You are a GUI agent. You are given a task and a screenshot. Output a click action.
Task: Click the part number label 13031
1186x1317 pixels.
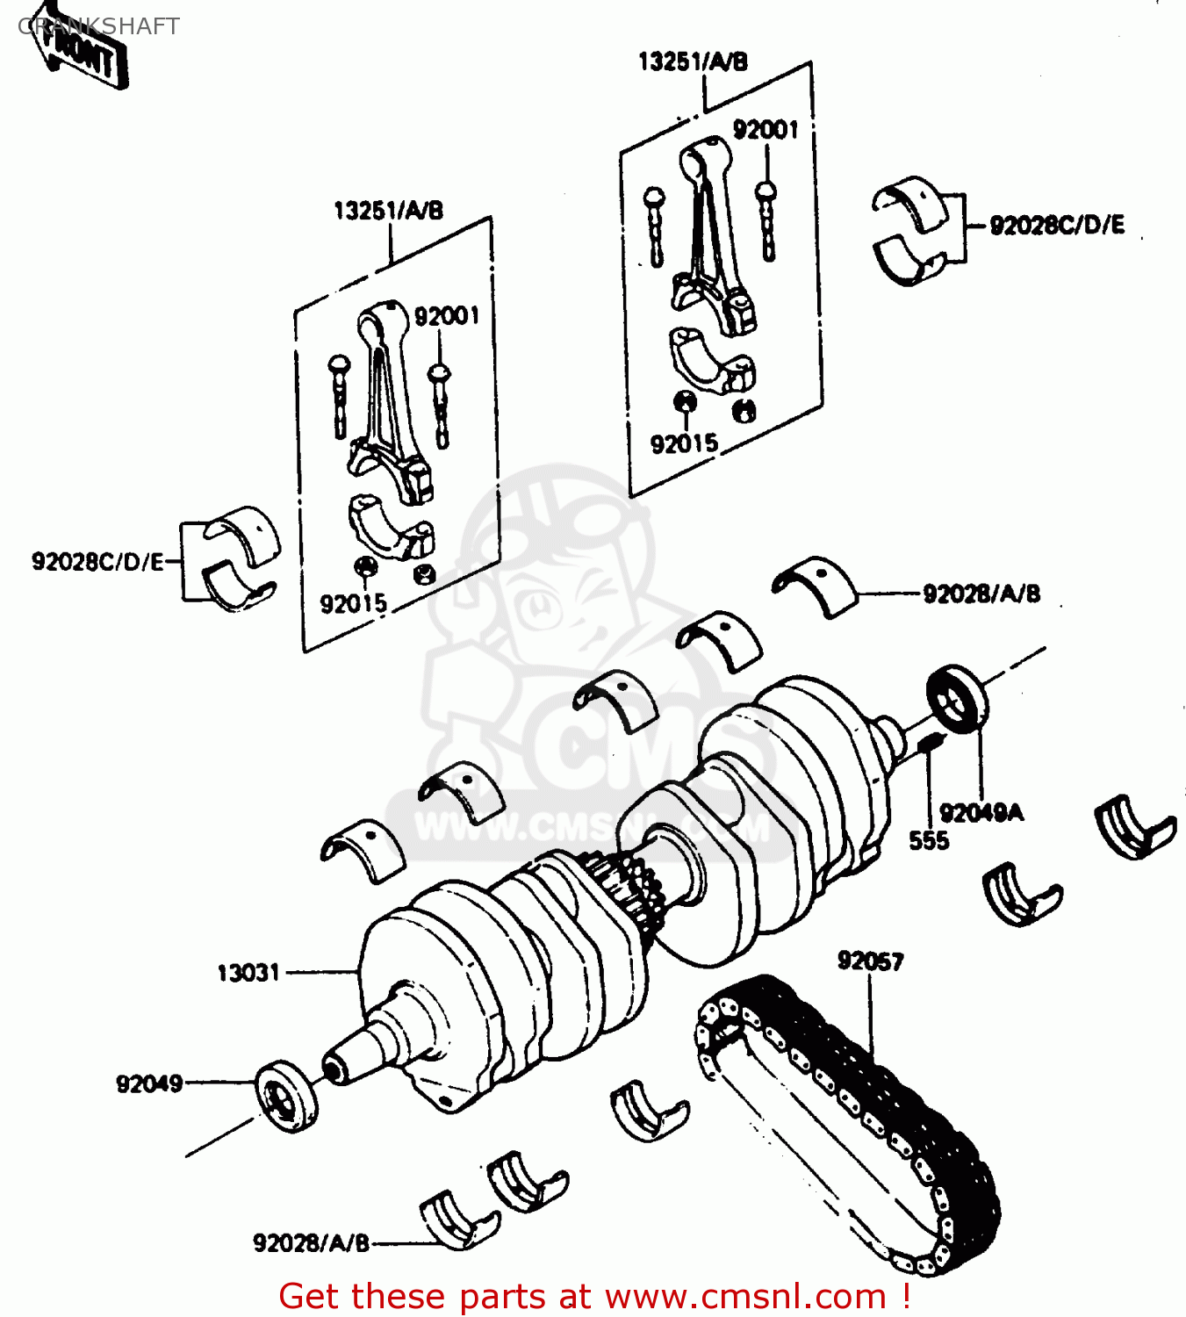pos(248,973)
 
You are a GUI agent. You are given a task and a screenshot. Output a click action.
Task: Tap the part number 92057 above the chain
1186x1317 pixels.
pos(870,961)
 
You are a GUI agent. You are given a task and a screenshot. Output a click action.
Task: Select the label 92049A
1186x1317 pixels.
pos(981,812)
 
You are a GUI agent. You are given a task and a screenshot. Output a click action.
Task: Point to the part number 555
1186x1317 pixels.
pos(928,841)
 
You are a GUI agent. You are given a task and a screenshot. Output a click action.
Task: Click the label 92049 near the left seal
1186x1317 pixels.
pos(149,1083)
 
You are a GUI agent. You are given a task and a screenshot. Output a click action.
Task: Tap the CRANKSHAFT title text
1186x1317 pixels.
pos(98,26)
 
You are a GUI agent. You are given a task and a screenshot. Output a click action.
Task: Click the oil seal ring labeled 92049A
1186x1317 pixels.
pos(957,699)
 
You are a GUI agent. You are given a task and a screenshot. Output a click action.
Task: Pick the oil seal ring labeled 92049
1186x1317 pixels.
pos(286,1096)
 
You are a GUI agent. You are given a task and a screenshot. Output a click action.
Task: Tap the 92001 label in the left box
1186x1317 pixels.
pos(447,316)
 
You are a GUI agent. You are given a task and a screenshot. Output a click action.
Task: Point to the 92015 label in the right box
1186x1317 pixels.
pos(684,444)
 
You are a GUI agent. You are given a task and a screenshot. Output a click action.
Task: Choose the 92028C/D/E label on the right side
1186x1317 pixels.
pos(1056,226)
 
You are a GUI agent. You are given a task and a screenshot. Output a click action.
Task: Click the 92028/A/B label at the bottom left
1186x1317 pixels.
pos(311,1243)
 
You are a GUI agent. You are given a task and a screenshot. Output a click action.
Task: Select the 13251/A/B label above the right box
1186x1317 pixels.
pos(693,61)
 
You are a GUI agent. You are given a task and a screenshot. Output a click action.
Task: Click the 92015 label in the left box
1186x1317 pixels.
pos(353,604)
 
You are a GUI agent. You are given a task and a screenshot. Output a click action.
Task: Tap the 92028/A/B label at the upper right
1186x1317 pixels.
pos(981,594)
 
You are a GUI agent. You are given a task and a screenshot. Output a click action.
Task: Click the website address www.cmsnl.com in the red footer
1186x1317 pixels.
pos(745,1297)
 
